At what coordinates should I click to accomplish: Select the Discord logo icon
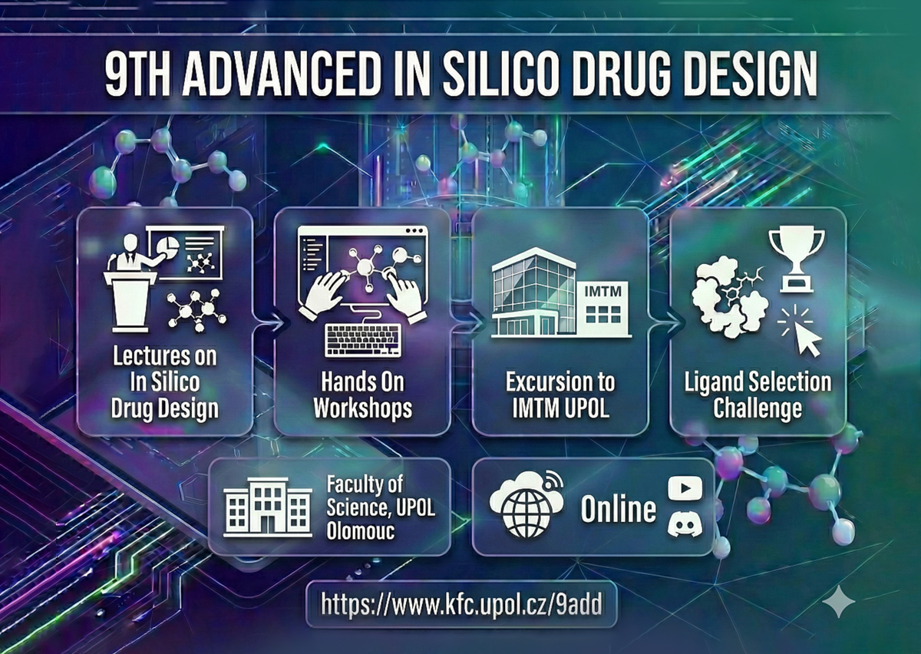tap(685, 525)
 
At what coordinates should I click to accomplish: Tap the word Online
tap(618, 509)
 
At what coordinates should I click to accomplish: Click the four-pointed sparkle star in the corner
tap(838, 600)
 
